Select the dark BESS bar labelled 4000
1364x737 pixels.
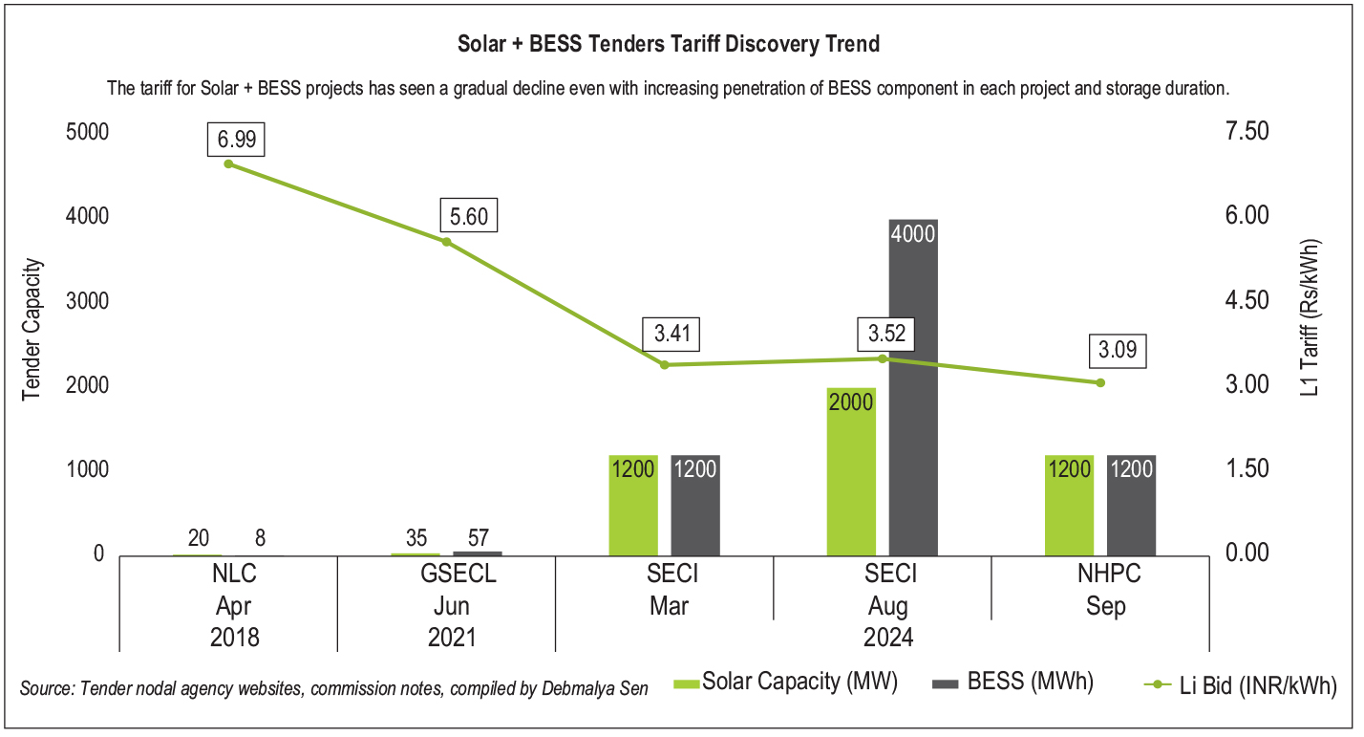(x=912, y=387)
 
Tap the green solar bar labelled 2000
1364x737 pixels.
(x=851, y=471)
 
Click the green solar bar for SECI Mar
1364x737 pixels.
(x=633, y=505)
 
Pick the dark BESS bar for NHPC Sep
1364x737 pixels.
(x=1131, y=505)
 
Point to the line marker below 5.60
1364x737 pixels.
(x=446, y=242)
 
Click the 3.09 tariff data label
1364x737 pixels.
(x=1117, y=350)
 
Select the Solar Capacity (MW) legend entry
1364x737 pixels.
(x=785, y=683)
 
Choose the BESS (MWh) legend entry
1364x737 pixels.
(x=1013, y=683)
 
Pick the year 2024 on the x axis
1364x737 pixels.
(x=887, y=636)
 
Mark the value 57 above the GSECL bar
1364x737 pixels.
(x=476, y=537)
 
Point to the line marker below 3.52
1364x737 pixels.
(x=884, y=358)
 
